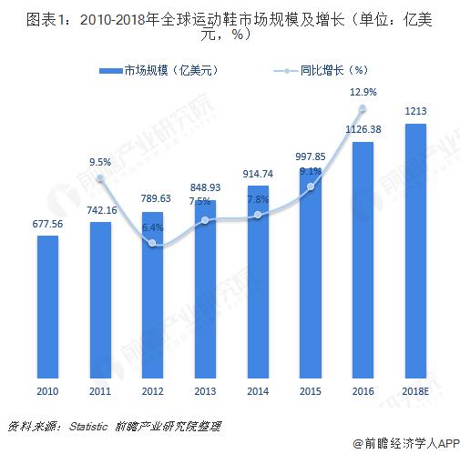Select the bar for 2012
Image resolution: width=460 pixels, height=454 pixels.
click(x=153, y=296)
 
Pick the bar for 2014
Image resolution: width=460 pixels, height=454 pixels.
click(x=258, y=282)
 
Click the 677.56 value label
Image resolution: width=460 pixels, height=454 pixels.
click(x=47, y=223)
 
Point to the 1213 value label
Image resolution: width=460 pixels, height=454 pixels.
click(x=416, y=112)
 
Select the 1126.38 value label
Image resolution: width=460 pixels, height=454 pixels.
click(x=363, y=128)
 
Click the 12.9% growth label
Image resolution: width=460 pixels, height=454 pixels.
click(x=363, y=92)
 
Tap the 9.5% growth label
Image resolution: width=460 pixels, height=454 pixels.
click(x=100, y=163)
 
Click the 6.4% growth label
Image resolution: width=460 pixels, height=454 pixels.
click(x=153, y=227)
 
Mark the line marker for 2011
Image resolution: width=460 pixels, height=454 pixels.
click(x=100, y=180)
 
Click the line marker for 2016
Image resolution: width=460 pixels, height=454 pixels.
click(x=363, y=109)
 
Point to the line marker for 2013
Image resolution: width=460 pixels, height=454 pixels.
click(x=206, y=220)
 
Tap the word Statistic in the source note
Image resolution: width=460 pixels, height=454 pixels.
click(x=88, y=426)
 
